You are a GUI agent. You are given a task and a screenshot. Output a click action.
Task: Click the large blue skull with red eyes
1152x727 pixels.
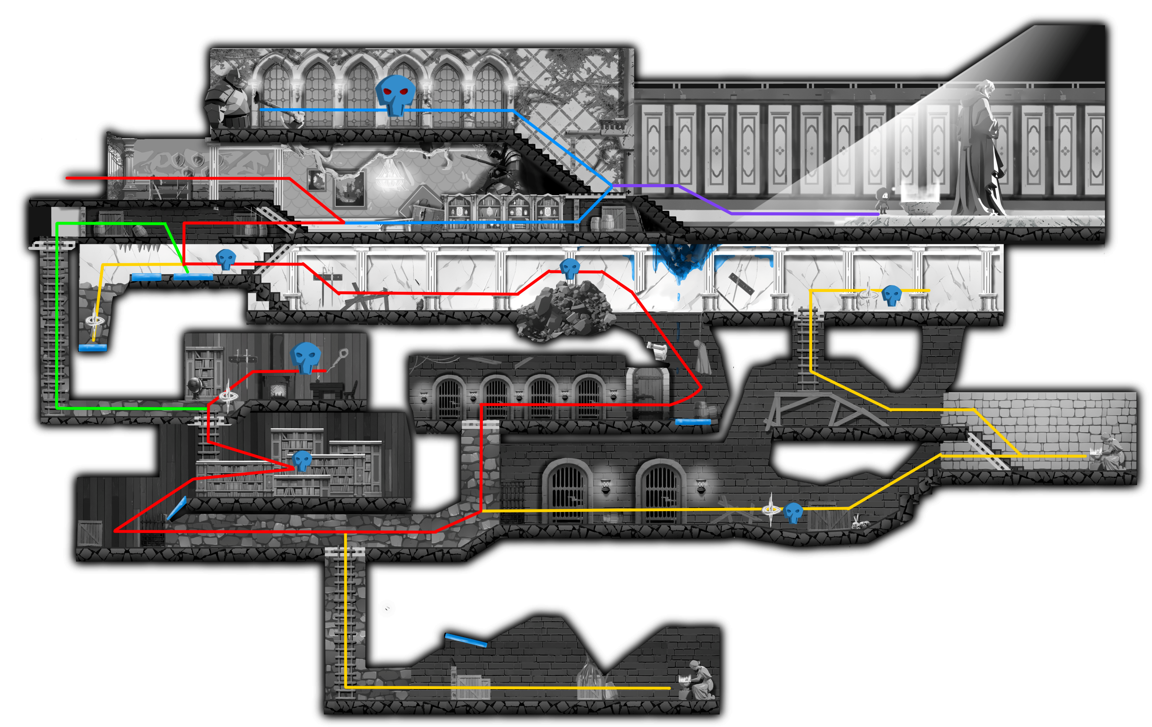[395, 94]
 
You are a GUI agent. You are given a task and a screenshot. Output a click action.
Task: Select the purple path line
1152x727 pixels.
[789, 214]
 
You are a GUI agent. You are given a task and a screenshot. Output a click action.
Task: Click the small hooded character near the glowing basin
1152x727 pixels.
[883, 199]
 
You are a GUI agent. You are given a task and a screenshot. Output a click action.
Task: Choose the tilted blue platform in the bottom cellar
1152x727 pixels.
[465, 640]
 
